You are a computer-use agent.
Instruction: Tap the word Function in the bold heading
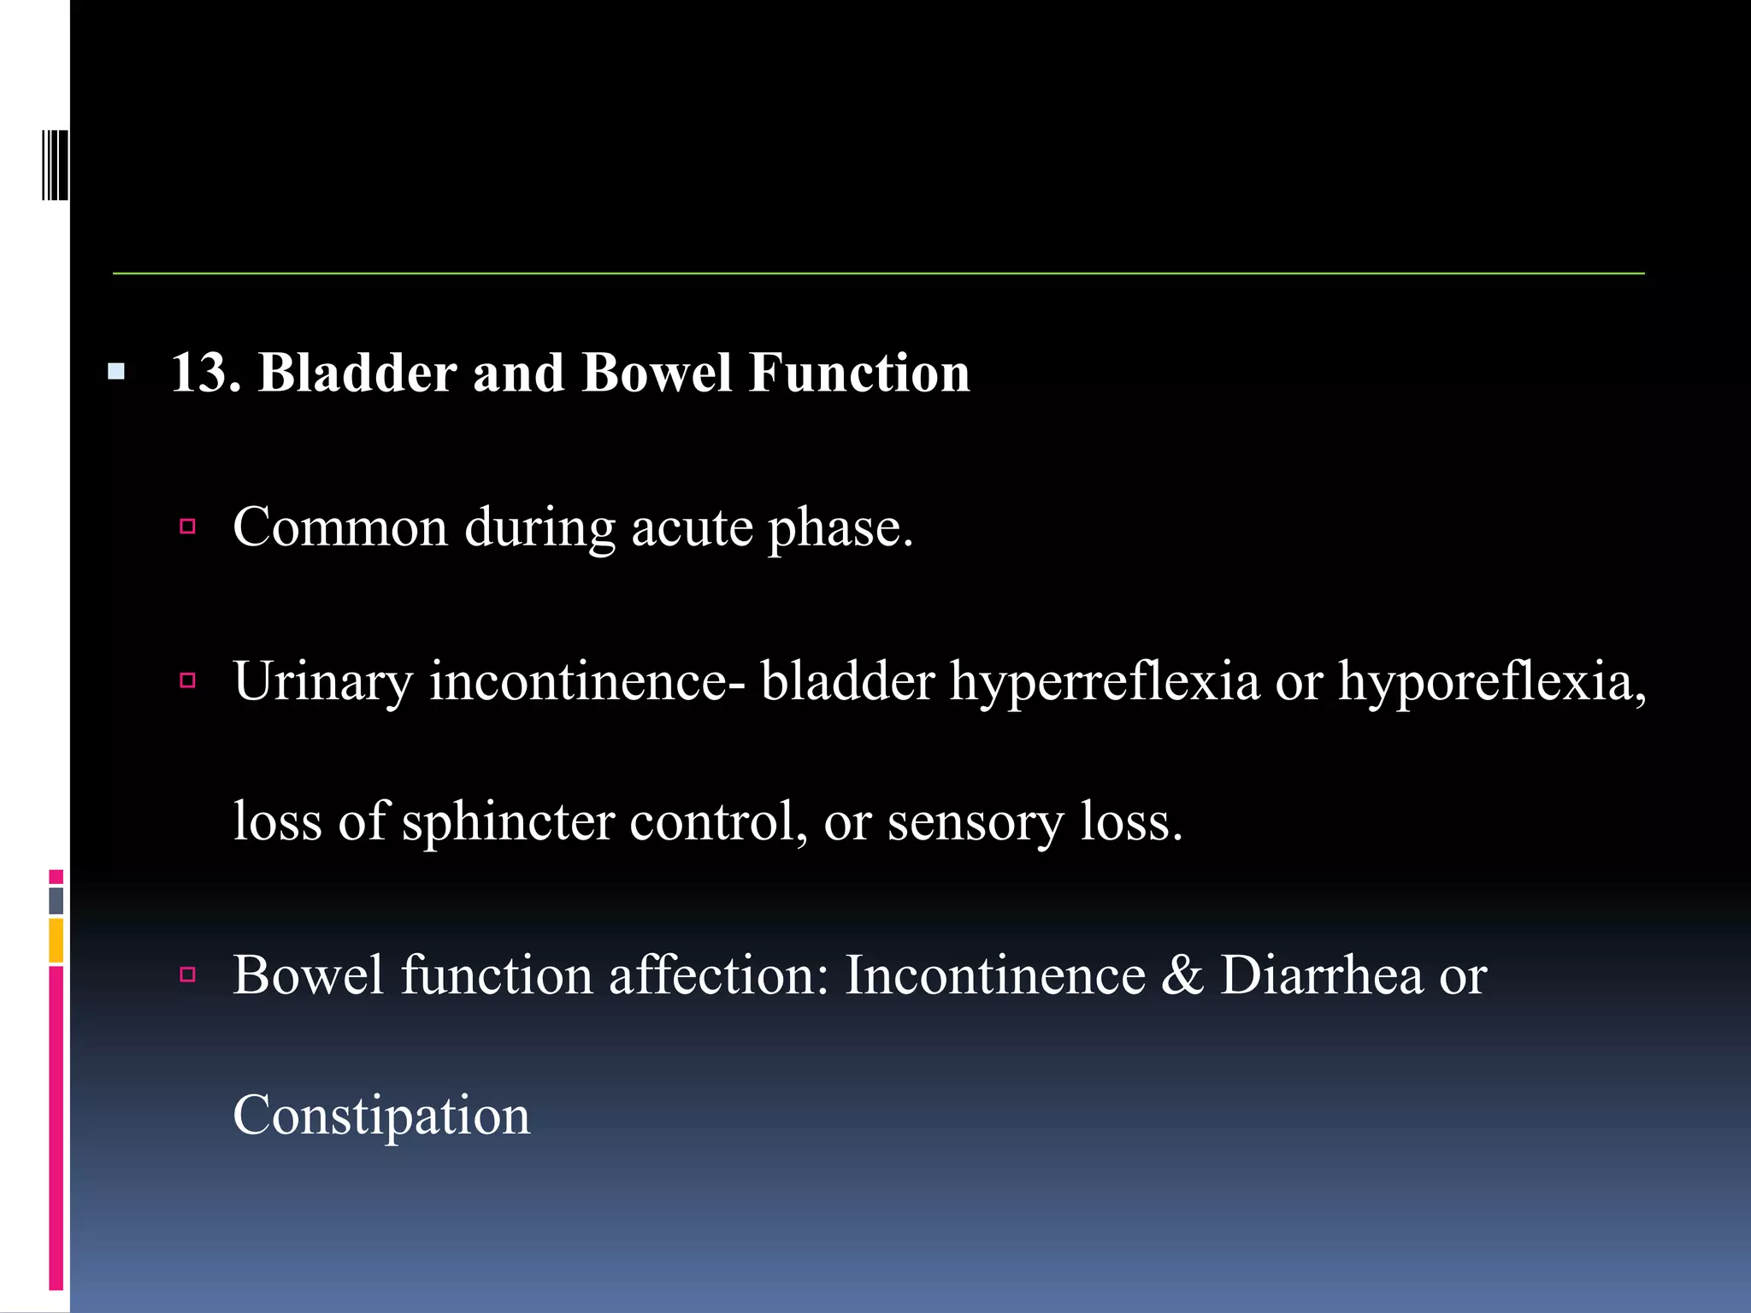tap(859, 374)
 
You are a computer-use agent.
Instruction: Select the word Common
tap(340, 527)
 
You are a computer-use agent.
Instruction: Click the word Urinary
tap(322, 681)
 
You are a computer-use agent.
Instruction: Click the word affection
tap(718, 975)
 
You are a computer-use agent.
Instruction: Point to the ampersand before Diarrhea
tap(1182, 975)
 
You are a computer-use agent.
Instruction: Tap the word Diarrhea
tap(1322, 975)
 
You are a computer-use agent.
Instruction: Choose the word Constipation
tap(381, 1116)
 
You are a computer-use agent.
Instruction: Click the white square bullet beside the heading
tap(117, 372)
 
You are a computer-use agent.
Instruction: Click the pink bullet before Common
tap(188, 527)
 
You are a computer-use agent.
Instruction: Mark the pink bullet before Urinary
tap(188, 680)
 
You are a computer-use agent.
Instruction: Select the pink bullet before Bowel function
tap(188, 974)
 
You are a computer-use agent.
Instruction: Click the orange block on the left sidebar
tap(56, 940)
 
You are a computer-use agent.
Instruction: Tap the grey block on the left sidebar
tap(56, 900)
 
